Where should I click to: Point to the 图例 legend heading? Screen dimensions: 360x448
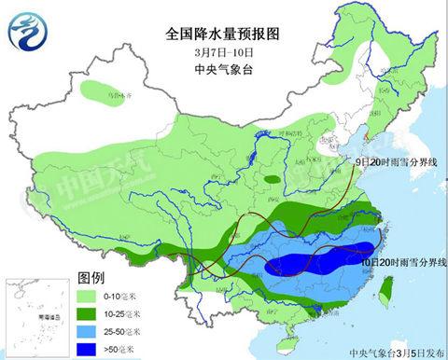tap(91, 279)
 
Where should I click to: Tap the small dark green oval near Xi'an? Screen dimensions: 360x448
tap(271, 178)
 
